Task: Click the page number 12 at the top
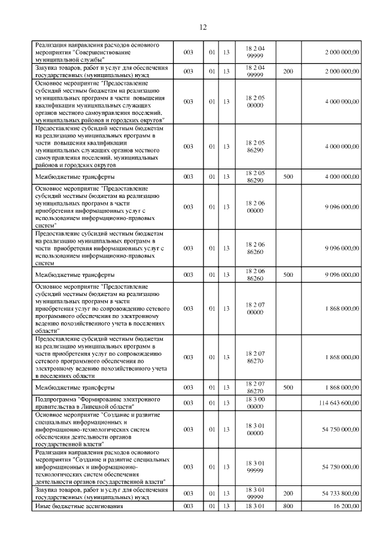click(202, 27)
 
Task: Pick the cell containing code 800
click(288, 506)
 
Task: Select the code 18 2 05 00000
click(255, 102)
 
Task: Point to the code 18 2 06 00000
click(255, 207)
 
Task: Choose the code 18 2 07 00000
click(255, 308)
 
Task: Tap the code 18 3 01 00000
click(255, 429)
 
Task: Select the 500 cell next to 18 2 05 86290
click(288, 176)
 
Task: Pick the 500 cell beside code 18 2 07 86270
click(288, 387)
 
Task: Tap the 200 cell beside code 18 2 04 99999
click(288, 71)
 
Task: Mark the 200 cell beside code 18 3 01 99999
click(288, 493)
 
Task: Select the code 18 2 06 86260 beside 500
click(255, 274)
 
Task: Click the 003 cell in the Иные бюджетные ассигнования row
click(188, 506)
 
